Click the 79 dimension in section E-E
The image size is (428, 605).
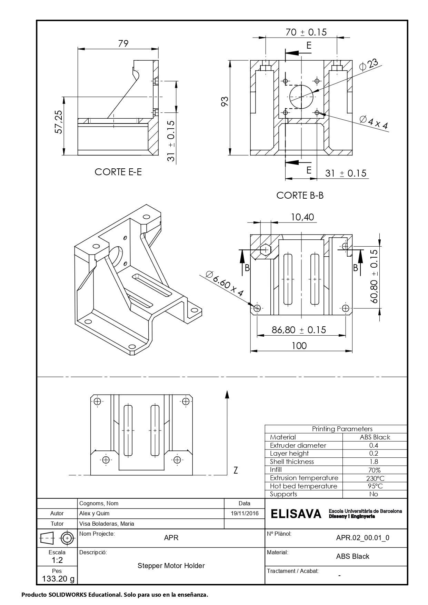click(x=123, y=43)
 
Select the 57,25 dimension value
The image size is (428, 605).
click(x=58, y=122)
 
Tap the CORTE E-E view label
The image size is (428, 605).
click(x=118, y=172)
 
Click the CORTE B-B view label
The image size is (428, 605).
click(x=300, y=195)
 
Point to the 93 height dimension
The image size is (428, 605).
click(x=225, y=101)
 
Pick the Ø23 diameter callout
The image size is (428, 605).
click(x=368, y=65)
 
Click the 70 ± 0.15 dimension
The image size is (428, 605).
click(x=306, y=32)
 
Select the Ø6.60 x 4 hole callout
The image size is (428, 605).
click(x=225, y=284)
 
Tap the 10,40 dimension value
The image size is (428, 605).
click(x=302, y=217)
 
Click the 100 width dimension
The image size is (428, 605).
click(x=299, y=346)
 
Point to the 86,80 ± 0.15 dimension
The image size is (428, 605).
click(x=299, y=330)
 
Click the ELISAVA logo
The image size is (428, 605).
click(x=296, y=514)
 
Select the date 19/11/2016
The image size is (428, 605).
click(x=245, y=513)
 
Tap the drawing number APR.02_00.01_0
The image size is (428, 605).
click(x=362, y=537)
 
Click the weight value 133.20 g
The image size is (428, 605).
click(x=58, y=578)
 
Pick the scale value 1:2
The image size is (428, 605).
click(x=57, y=560)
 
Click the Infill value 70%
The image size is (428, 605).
click(x=374, y=470)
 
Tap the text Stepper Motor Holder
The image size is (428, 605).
click(x=171, y=566)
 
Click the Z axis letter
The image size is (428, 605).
click(x=236, y=470)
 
